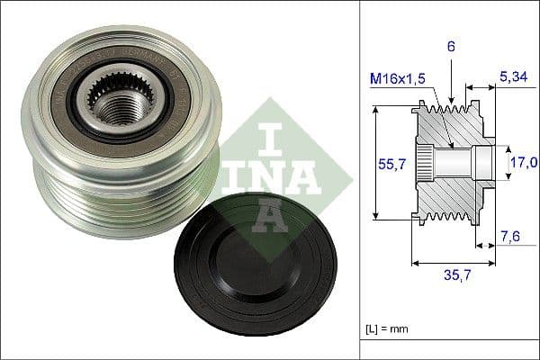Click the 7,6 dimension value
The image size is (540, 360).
(510, 237)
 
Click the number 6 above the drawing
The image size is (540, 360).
(450, 43)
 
